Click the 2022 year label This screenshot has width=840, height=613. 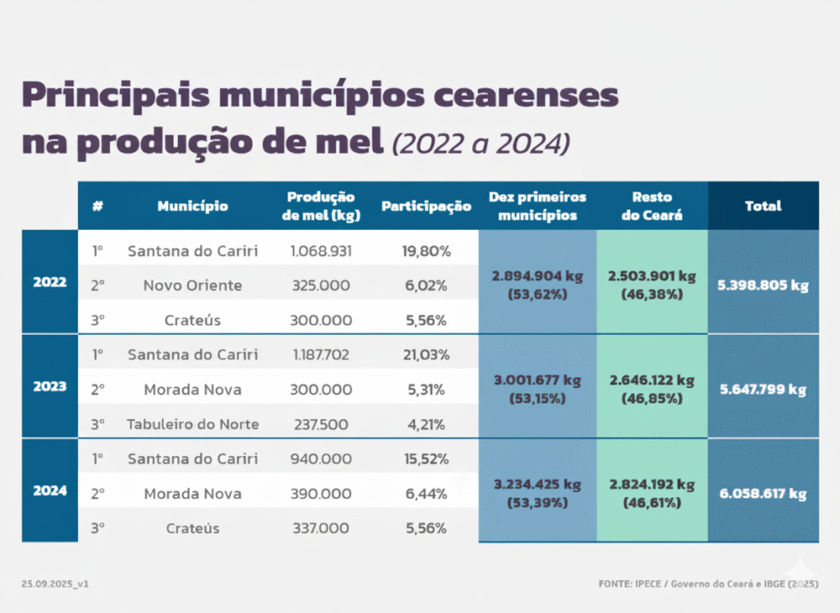click(50, 281)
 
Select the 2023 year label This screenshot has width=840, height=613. click(50, 387)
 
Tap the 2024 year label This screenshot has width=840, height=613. click(50, 490)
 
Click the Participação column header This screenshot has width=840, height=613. click(427, 207)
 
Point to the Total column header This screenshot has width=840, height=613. click(764, 206)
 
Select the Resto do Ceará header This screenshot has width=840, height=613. click(652, 206)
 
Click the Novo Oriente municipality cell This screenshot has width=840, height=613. click(193, 285)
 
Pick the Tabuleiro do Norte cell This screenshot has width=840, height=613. click(193, 424)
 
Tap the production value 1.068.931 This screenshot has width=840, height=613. click(321, 251)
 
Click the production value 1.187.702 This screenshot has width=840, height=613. click(321, 355)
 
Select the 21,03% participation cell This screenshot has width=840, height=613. click(427, 355)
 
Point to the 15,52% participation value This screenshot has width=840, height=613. click(427, 459)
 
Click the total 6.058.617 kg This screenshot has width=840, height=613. click(763, 493)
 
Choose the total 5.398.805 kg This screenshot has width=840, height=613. click(763, 285)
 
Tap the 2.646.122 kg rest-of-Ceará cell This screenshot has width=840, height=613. click(652, 389)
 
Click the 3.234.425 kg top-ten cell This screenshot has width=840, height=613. click(537, 493)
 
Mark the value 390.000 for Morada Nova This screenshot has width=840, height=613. click(321, 493)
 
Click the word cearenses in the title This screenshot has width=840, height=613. click(526, 95)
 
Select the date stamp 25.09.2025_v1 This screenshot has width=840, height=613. click(55, 583)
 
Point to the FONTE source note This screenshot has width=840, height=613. click(708, 583)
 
